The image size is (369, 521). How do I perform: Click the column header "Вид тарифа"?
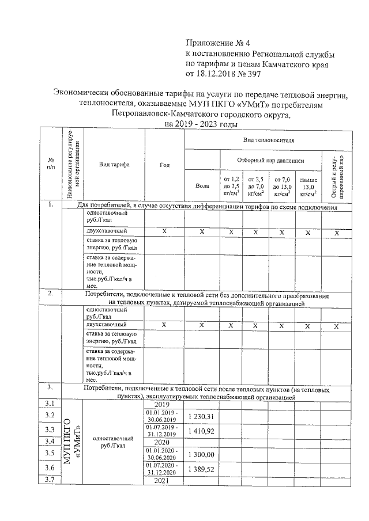tap(114, 165)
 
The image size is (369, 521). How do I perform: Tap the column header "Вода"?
tap(202, 186)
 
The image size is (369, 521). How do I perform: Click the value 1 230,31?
tap(202, 416)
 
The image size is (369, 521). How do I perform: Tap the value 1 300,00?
tap(202, 455)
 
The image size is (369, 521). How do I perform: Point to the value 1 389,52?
tap(202, 469)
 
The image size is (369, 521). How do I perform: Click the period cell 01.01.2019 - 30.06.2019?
tap(164, 416)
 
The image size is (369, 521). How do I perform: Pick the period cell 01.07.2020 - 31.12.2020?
tap(164, 469)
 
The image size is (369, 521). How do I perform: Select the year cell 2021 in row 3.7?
tap(164, 481)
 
